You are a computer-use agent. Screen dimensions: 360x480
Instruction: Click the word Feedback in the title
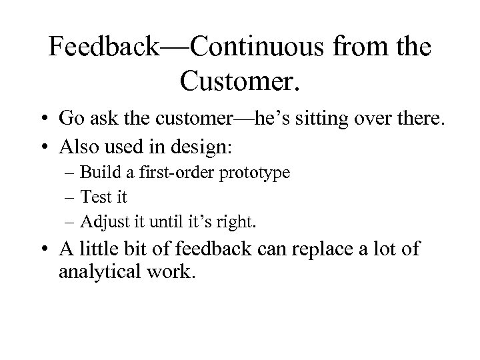105,49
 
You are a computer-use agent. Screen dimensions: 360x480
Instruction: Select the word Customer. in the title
241,81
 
